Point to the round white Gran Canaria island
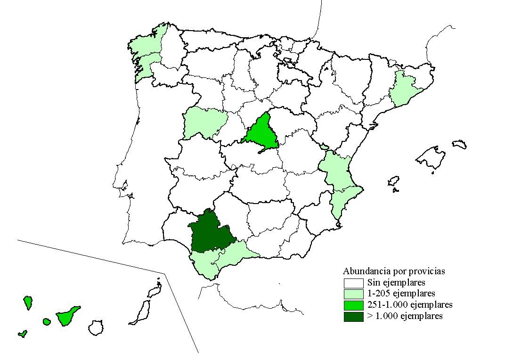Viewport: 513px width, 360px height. click(x=96, y=327)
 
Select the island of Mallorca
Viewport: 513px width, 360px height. click(x=432, y=158)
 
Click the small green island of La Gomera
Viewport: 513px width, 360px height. click(x=46, y=321)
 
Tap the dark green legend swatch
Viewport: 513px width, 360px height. click(x=353, y=317)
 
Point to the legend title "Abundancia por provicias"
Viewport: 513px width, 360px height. click(x=394, y=271)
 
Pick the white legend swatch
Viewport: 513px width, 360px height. click(x=353, y=283)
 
